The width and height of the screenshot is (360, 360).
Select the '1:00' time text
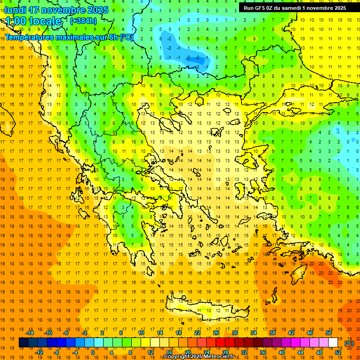(x=16, y=21)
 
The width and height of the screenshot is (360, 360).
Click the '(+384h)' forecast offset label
(x=83, y=21)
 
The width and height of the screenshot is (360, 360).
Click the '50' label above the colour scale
(x=329, y=333)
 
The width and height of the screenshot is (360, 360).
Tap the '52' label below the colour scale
(x=338, y=352)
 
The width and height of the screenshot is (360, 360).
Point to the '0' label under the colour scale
(x=93, y=352)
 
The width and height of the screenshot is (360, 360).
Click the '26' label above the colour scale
(x=216, y=333)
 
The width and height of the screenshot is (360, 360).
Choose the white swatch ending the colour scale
(x=333, y=343)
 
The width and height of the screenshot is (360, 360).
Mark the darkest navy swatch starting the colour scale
(x=23, y=343)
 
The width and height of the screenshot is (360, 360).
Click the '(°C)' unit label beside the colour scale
(x=349, y=343)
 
